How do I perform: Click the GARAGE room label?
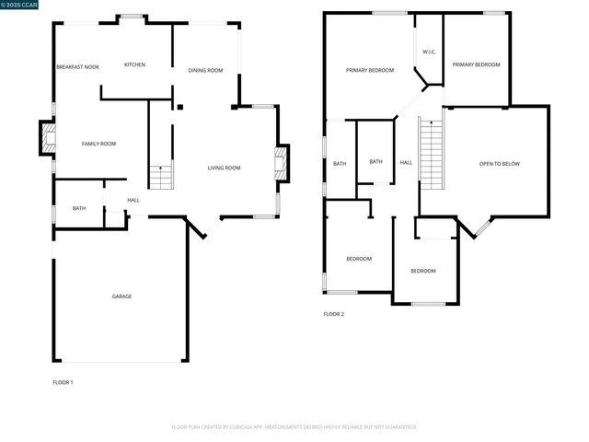click(121, 297)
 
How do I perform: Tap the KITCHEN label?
click(134, 64)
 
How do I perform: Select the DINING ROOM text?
click(205, 71)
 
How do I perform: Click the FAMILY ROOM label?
click(98, 144)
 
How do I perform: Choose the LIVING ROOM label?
click(224, 168)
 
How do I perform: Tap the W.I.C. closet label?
click(429, 52)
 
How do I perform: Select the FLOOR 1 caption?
click(63, 381)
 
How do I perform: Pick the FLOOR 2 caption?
click(333, 314)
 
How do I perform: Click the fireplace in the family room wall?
click(45, 139)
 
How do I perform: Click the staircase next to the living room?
click(161, 175)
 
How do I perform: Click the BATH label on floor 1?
click(79, 209)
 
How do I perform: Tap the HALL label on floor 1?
click(133, 200)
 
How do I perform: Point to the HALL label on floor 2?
click(406, 163)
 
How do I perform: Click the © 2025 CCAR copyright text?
click(19, 6)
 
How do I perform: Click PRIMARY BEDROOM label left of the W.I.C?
click(369, 71)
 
